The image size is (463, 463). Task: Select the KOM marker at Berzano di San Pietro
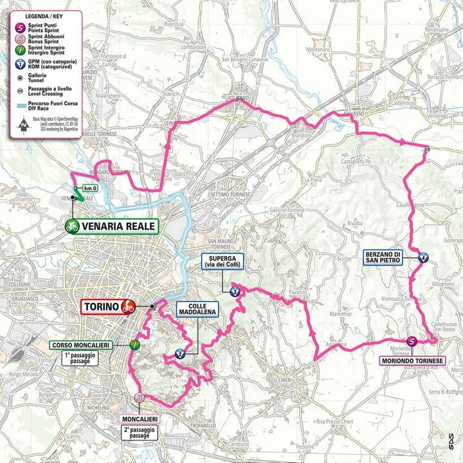point(424,257)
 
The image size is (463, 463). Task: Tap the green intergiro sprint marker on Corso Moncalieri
point(134,345)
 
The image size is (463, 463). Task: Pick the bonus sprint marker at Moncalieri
point(140,399)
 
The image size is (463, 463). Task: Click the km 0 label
point(90,188)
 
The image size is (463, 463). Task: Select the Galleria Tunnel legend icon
point(22,75)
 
